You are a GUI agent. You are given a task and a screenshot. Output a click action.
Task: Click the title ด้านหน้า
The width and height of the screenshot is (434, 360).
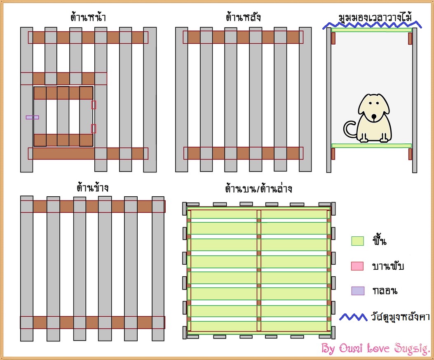(x=87, y=18)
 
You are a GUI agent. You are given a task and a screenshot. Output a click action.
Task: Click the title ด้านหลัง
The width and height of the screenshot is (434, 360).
(x=243, y=18)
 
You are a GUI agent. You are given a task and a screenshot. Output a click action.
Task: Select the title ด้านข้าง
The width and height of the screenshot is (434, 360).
(x=92, y=188)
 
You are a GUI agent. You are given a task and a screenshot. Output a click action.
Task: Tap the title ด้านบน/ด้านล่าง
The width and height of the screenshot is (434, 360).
(x=258, y=189)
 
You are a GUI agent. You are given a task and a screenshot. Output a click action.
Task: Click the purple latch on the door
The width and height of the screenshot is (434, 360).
(x=32, y=118)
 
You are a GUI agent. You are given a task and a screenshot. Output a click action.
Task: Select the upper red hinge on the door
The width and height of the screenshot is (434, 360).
(x=94, y=105)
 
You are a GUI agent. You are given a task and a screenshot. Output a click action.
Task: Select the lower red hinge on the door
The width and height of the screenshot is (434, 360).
(x=94, y=129)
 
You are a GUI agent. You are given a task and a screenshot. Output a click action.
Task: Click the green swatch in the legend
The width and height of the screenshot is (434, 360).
(x=357, y=241)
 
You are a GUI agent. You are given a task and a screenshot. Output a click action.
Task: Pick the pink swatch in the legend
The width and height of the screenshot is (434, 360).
(x=357, y=266)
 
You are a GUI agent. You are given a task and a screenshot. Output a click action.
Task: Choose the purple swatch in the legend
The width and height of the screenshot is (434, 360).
(x=357, y=291)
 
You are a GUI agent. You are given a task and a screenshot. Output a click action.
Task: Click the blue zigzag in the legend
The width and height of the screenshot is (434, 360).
(x=353, y=317)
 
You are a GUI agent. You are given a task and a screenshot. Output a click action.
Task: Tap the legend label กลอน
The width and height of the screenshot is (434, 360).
(x=384, y=291)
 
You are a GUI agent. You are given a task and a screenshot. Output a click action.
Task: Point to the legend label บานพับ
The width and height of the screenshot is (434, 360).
(x=388, y=266)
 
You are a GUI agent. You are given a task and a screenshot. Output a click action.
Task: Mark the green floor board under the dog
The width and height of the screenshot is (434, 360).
(x=371, y=146)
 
